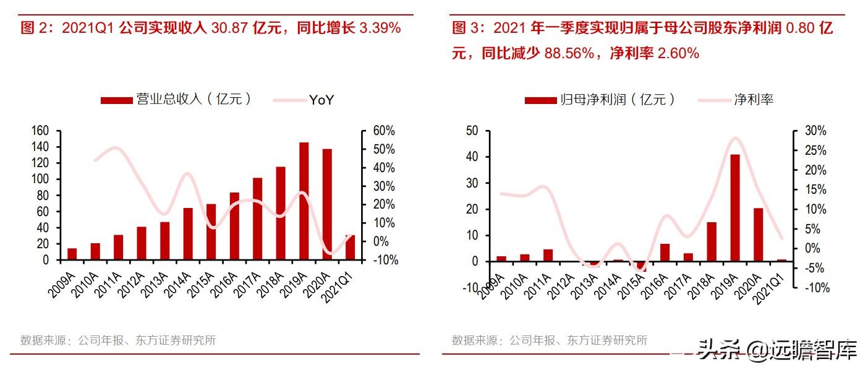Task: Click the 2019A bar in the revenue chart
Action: [304, 201]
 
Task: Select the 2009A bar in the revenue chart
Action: [72, 254]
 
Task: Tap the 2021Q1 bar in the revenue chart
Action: [351, 248]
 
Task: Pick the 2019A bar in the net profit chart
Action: [735, 208]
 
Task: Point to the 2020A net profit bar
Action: [759, 235]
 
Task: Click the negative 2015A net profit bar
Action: [642, 267]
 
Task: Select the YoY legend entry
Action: [304, 100]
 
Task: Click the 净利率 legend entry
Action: [736, 100]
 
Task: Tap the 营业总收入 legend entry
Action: [176, 99]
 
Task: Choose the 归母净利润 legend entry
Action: [600, 100]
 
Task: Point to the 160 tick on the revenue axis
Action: [40, 131]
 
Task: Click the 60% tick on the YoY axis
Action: [384, 131]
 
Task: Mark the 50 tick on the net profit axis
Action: [472, 131]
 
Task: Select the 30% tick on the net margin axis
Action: [815, 131]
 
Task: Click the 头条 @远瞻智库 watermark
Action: [777, 350]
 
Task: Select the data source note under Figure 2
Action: [118, 340]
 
